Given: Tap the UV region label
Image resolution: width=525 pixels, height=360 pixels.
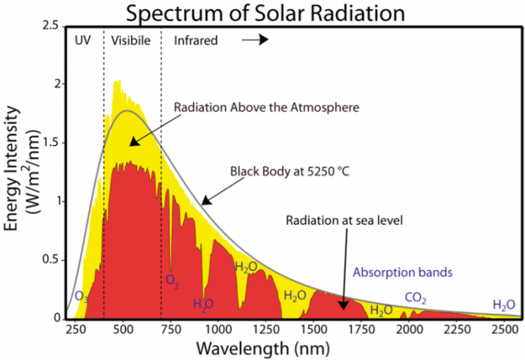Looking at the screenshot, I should click(83, 40).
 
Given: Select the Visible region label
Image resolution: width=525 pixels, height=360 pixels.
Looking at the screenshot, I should click(132, 40).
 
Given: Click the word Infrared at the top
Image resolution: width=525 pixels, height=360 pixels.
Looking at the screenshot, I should click(196, 40).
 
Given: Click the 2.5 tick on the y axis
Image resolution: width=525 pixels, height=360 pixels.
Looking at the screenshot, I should click(51, 25).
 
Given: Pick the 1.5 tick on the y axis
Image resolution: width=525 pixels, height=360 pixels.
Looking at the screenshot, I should click(51, 142).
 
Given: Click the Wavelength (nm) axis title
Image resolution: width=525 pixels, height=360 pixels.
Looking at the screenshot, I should click(268, 348).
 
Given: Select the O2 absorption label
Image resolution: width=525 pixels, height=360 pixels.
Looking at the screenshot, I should click(172, 280).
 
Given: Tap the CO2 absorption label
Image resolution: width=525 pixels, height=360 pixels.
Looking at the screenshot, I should click(415, 298).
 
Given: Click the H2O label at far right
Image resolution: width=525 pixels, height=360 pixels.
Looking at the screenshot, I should click(503, 304).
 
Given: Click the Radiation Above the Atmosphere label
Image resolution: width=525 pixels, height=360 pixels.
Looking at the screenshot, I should click(266, 106).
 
